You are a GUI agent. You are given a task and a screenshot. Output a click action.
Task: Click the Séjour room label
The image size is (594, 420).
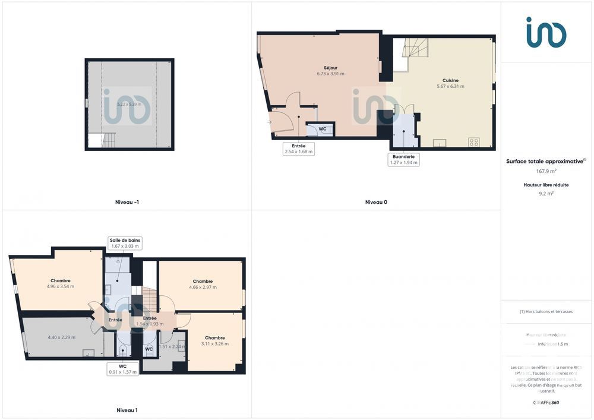(x=330, y=68)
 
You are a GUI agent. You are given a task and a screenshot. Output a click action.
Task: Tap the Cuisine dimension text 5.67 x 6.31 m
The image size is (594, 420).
(x=450, y=86)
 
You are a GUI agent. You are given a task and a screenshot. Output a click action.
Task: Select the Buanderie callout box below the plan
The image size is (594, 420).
(x=403, y=160)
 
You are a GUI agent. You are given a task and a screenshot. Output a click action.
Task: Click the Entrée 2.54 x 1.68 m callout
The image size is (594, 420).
(x=298, y=149)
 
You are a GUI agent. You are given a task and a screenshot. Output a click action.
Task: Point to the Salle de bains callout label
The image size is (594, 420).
(x=125, y=243)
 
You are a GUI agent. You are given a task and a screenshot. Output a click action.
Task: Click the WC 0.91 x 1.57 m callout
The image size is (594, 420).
(x=123, y=369)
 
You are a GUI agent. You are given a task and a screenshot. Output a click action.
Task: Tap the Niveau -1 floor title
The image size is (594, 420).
(x=127, y=202)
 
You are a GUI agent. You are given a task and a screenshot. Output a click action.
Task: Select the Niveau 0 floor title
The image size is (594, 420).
(x=376, y=202)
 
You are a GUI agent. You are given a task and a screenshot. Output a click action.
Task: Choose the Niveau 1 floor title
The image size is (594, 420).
(x=127, y=410)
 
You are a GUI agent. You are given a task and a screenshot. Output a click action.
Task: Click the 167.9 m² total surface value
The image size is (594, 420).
(x=546, y=171)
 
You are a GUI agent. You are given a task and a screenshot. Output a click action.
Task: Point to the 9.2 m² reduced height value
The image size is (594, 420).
(x=546, y=193)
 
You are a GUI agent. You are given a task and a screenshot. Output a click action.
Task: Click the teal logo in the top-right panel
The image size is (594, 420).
(x=546, y=32)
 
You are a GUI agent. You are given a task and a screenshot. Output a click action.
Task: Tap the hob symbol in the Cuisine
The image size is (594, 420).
(x=474, y=142)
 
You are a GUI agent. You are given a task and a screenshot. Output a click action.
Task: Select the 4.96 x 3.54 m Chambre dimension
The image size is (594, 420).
(x=61, y=286)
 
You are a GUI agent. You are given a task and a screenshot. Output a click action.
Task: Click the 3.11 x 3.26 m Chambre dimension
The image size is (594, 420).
(x=214, y=343)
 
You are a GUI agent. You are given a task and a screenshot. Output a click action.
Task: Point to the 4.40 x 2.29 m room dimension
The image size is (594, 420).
(x=61, y=337)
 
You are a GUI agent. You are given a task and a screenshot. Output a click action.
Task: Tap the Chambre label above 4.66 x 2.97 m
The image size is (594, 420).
(x=203, y=281)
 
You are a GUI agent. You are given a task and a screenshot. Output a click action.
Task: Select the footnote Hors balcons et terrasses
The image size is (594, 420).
(x=546, y=311)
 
